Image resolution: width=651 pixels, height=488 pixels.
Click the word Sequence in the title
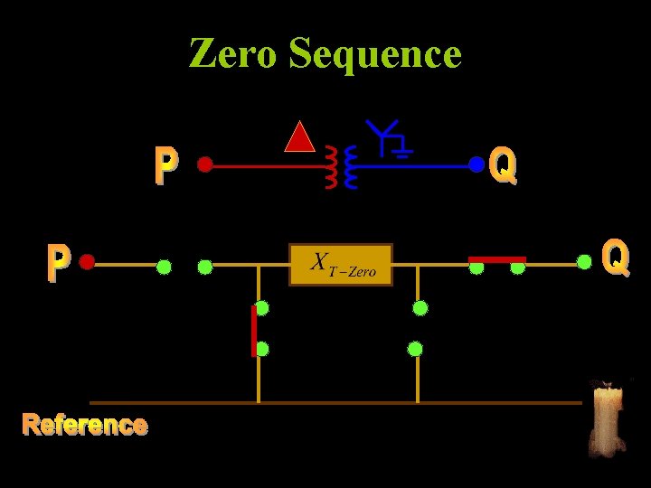pyautogui.click(x=375, y=55)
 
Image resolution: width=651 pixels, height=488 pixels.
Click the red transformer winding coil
pyautogui.click(x=331, y=167)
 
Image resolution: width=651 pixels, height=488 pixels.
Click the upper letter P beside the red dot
pyautogui.click(x=165, y=166)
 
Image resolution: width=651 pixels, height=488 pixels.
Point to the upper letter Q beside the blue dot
pyautogui.click(x=503, y=166)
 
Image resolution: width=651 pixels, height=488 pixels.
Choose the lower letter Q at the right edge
pyautogui.click(x=615, y=258)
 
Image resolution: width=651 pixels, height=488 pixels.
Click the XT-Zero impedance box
pyautogui.click(x=341, y=265)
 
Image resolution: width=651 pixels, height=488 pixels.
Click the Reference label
pyautogui.click(x=85, y=424)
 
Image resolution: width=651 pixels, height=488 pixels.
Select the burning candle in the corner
pyautogui.click(x=607, y=418)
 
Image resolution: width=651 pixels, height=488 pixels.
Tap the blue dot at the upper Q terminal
pyautogui.click(x=476, y=164)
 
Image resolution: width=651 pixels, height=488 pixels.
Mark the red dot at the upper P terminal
pyautogui.click(x=205, y=164)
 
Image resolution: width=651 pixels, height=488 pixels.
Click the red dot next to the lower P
pyautogui.click(x=87, y=262)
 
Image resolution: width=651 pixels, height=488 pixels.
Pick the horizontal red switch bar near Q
pyautogui.click(x=496, y=259)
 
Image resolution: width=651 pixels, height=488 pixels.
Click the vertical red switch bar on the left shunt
pyautogui.click(x=253, y=331)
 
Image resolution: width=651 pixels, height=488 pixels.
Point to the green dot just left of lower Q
pyautogui.click(x=585, y=262)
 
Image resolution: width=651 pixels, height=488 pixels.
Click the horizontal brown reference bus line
pyautogui.click(x=335, y=402)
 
